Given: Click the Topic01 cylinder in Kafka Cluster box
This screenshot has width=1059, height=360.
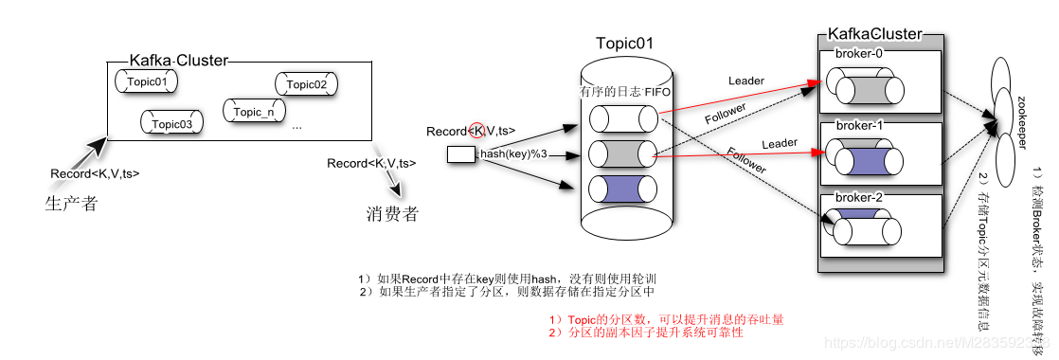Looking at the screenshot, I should (x=146, y=82).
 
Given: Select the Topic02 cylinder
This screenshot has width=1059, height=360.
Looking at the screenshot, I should (x=306, y=84).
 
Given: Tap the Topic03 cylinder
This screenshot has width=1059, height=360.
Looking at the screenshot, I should (x=171, y=123).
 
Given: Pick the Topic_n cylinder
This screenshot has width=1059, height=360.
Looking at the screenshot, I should (x=254, y=112).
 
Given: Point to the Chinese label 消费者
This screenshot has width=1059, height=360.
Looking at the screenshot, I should (x=391, y=213).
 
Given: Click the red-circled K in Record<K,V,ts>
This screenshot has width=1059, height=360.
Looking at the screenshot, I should (x=477, y=131).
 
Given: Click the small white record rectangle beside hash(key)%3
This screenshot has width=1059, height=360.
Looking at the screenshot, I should (x=461, y=154).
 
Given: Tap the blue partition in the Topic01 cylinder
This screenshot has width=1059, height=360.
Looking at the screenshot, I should (x=622, y=189).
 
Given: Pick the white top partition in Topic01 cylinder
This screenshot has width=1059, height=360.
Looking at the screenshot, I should (x=622, y=118).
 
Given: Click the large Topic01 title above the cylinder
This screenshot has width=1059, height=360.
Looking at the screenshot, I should (x=624, y=44).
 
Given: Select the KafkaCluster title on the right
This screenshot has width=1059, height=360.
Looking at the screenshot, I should (x=874, y=34).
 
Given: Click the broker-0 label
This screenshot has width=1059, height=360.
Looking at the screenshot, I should (x=858, y=53).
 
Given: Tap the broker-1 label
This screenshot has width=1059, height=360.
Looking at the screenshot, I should (x=858, y=125).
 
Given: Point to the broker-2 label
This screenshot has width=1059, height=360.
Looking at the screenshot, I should (x=858, y=197).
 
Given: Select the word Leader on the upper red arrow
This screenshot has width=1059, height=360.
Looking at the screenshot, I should (x=745, y=81).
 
